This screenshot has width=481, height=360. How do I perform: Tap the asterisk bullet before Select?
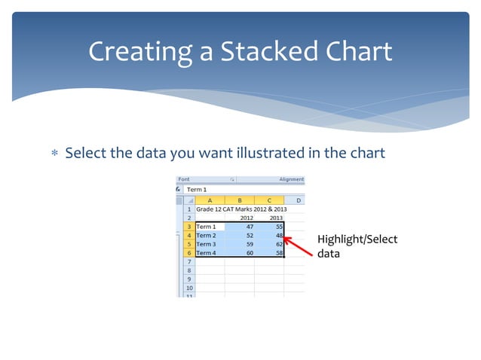[x=54, y=154]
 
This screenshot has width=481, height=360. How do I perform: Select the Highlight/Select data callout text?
[x=357, y=246]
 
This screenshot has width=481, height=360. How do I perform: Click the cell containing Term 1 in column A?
[x=210, y=226]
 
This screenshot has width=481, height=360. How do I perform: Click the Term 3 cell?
[x=210, y=244]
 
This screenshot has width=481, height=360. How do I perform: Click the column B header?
[x=240, y=200]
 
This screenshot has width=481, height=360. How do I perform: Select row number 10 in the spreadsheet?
[x=188, y=288]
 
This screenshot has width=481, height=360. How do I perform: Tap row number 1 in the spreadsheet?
[x=188, y=209]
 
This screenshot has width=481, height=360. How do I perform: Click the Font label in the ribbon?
[x=184, y=179]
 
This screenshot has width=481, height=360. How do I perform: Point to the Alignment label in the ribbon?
[x=291, y=179]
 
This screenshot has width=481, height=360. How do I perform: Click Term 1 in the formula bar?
[x=197, y=189]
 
